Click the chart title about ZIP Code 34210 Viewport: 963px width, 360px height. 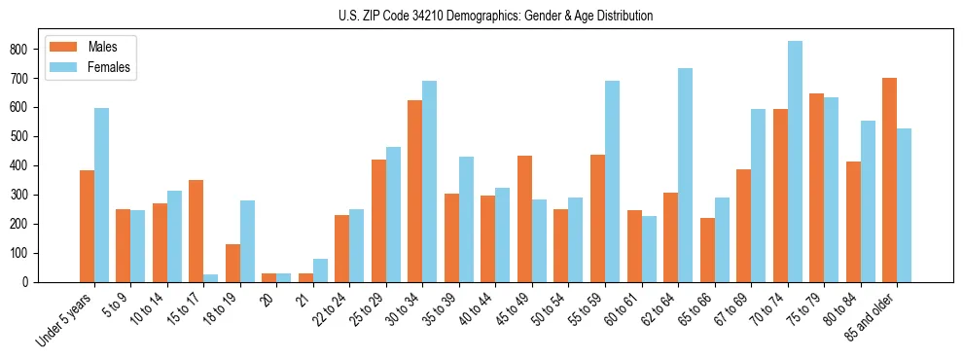coord(481,16)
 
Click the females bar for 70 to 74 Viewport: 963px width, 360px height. coord(795,162)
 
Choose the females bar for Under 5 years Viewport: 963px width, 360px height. coord(101,195)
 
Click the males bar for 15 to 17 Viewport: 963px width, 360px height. coord(196,231)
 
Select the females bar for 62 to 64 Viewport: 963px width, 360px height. coord(685,175)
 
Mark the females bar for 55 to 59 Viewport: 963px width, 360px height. coord(612,181)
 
